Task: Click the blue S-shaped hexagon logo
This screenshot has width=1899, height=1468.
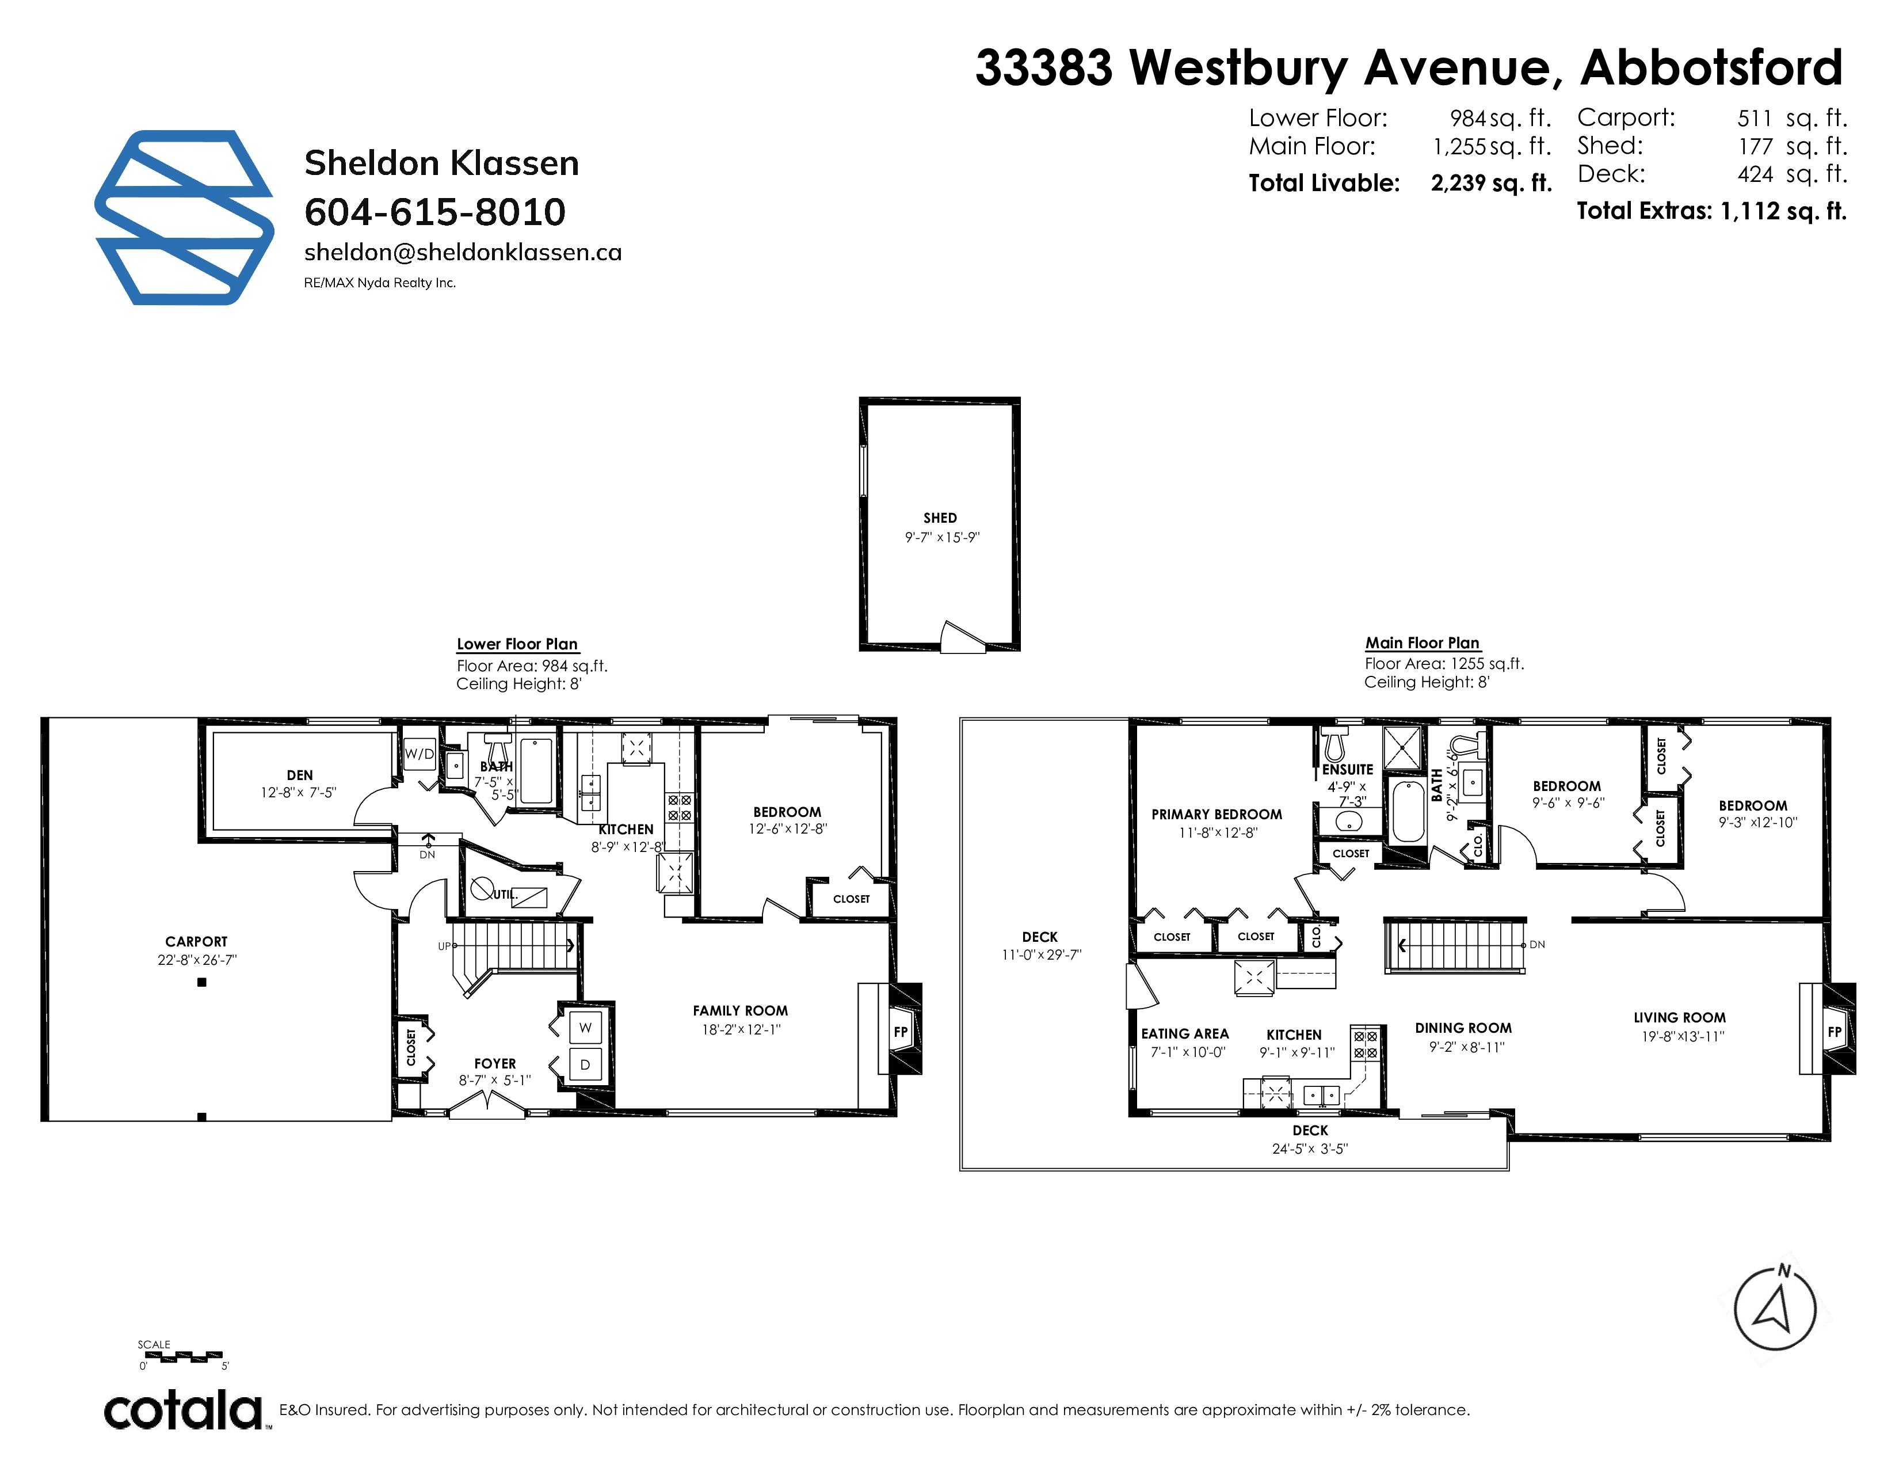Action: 184,218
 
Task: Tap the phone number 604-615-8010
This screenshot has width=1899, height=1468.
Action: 434,211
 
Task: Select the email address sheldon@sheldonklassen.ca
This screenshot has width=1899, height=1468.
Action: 463,252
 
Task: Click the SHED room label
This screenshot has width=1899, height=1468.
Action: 940,518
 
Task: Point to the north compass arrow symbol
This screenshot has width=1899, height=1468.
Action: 1775,1307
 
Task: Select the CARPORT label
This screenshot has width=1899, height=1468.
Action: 196,941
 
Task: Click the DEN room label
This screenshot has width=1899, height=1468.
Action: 300,775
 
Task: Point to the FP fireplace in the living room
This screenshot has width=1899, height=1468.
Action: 1835,1032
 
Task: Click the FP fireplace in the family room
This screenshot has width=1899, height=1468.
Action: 901,1032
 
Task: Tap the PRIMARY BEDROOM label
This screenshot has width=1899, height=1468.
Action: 1217,814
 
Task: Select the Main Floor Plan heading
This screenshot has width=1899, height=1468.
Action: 1423,642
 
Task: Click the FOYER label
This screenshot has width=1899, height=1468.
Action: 495,1064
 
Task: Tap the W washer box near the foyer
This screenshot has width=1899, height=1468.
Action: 585,1027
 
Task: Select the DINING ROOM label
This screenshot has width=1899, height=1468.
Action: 1463,1028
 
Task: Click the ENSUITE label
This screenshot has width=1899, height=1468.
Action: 1348,770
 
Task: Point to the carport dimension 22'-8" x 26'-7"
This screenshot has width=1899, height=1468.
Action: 196,960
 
